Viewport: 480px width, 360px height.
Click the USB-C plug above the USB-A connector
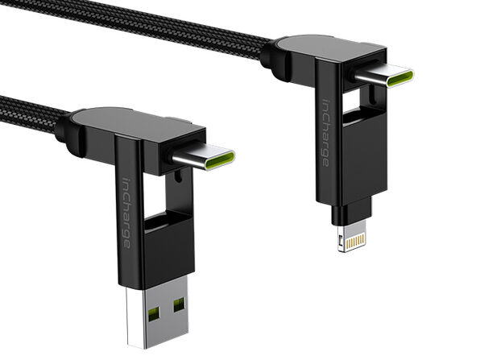click(205, 156)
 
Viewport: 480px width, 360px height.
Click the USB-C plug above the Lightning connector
click(385, 78)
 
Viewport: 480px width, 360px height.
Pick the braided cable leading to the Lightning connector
click(185, 33)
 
